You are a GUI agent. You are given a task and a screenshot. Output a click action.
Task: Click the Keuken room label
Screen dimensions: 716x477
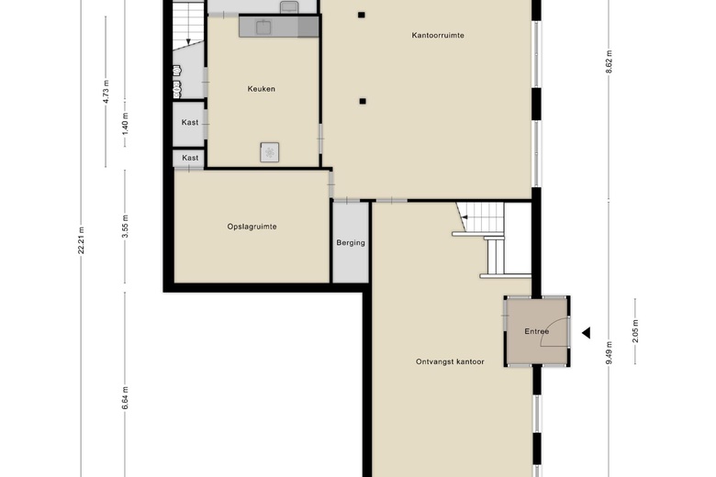[x=262, y=89]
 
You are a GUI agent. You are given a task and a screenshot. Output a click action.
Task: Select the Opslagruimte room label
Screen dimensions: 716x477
[x=252, y=227]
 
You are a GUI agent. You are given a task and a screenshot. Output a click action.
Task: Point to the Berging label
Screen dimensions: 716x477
[x=351, y=243]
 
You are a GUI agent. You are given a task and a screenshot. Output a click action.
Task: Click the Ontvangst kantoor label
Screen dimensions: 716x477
[x=450, y=361]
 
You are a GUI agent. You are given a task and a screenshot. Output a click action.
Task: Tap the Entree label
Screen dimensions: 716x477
[x=537, y=331]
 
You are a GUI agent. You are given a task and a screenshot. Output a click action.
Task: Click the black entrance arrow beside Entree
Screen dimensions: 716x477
[x=586, y=333]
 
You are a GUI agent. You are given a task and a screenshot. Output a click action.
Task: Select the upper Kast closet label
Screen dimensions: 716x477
[x=190, y=122]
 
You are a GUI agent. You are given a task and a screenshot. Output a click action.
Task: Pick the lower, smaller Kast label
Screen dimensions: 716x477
[x=190, y=158]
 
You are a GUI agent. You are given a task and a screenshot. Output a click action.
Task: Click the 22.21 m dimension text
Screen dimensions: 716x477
[x=82, y=240]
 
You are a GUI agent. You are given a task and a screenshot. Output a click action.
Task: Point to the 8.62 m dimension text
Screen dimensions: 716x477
[x=609, y=61]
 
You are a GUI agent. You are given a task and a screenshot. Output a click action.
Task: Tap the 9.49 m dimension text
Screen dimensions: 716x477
[x=609, y=353]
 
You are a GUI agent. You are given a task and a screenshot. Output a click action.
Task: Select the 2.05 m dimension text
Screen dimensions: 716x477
[x=635, y=331]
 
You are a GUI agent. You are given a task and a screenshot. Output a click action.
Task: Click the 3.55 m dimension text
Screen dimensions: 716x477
[x=125, y=227]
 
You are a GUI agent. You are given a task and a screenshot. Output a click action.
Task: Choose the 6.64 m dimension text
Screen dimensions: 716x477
[x=125, y=397]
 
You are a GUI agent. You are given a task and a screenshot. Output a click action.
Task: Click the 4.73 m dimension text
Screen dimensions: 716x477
[x=106, y=92]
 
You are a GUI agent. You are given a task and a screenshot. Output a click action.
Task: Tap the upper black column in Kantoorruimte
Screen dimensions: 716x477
[x=361, y=15]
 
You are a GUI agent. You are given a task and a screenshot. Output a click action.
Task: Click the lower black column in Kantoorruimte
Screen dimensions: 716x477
[x=363, y=101]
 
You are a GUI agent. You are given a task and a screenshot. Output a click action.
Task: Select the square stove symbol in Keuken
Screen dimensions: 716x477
[x=270, y=152]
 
